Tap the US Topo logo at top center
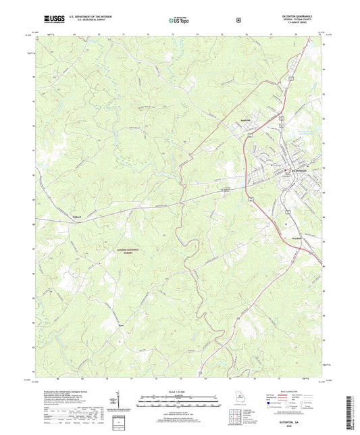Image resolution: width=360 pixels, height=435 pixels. coord(179,21)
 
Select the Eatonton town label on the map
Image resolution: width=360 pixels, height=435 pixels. coord(299,170)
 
